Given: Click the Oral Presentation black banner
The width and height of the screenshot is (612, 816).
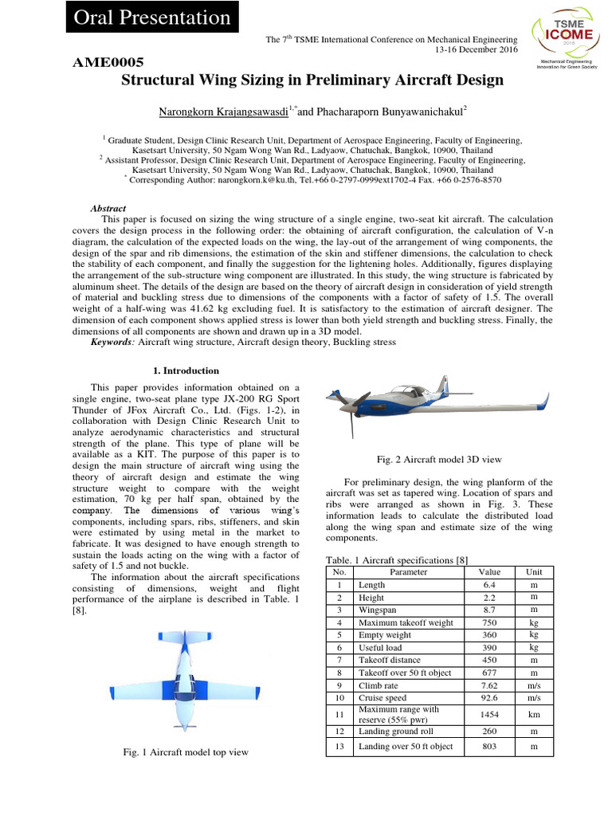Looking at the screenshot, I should pyautogui.click(x=152, y=18).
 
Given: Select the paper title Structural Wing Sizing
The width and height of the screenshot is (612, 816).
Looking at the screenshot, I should pyautogui.click(x=312, y=80).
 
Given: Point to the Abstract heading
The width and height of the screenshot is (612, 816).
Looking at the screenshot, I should pyautogui.click(x=108, y=208).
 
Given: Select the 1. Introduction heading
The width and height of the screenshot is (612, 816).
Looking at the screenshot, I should pyautogui.click(x=186, y=371).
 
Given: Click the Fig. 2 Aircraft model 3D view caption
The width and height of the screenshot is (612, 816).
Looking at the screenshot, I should pyautogui.click(x=439, y=460).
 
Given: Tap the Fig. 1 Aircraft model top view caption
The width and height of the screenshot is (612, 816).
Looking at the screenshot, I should pyautogui.click(x=186, y=751).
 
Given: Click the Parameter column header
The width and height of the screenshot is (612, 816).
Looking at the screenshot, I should pyautogui.click(x=409, y=572).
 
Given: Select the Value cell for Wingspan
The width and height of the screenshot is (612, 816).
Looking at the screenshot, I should pyautogui.click(x=489, y=610).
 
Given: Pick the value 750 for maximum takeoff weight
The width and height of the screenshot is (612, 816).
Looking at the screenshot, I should pyautogui.click(x=489, y=622).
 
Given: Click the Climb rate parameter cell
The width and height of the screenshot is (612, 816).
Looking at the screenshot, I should pyautogui.click(x=382, y=685).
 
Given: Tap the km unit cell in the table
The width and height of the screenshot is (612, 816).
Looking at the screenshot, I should pyautogui.click(x=533, y=715).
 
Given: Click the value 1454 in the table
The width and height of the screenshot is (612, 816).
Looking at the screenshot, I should pyautogui.click(x=489, y=715).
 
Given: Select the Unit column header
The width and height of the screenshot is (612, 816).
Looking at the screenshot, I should pyautogui.click(x=533, y=572).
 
